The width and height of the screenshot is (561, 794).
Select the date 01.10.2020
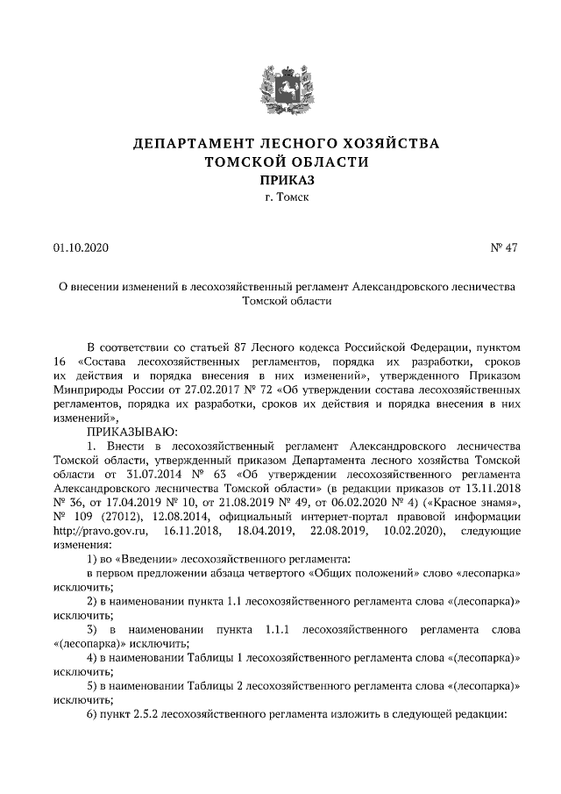click(x=81, y=248)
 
